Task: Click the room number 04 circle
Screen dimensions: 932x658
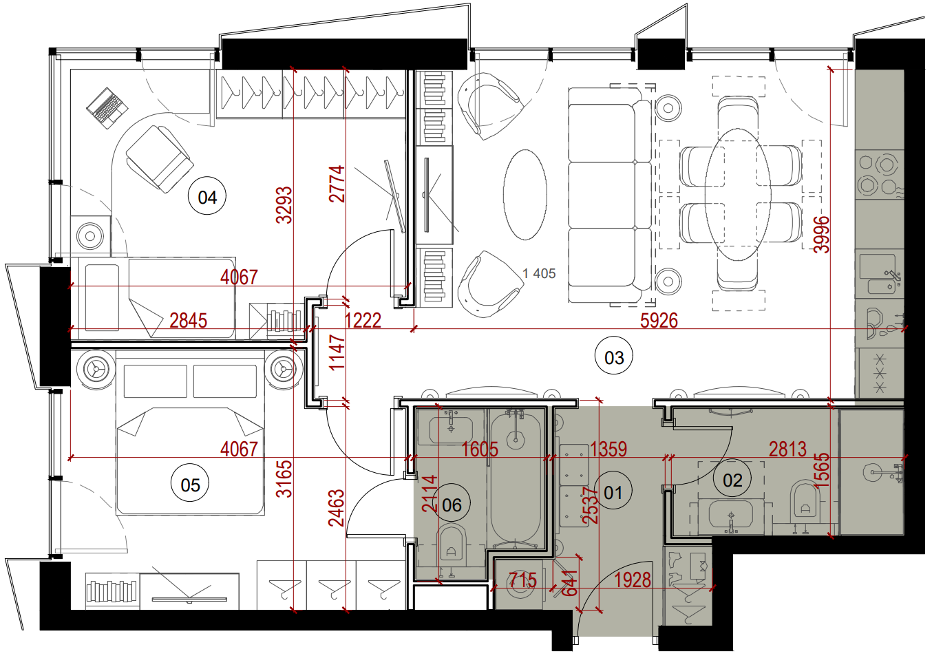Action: click(x=207, y=196)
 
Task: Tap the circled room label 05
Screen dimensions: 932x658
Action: click(x=190, y=484)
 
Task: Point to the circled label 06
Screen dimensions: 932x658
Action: click(x=452, y=504)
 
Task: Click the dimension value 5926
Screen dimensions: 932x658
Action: click(x=659, y=321)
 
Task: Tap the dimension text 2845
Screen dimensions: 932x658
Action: click(x=188, y=321)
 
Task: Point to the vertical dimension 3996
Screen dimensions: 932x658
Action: click(x=822, y=235)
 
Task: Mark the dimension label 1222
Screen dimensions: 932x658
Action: click(x=363, y=321)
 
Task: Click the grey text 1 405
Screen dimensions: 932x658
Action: click(x=539, y=273)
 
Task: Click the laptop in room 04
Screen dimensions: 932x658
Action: click(x=107, y=107)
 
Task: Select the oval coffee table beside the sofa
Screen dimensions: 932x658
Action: click(x=525, y=195)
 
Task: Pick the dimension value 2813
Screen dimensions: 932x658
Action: click(x=787, y=449)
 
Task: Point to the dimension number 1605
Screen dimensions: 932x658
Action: click(x=480, y=449)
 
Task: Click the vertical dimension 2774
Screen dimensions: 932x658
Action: click(x=337, y=184)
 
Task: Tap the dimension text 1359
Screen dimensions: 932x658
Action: click(x=608, y=449)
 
